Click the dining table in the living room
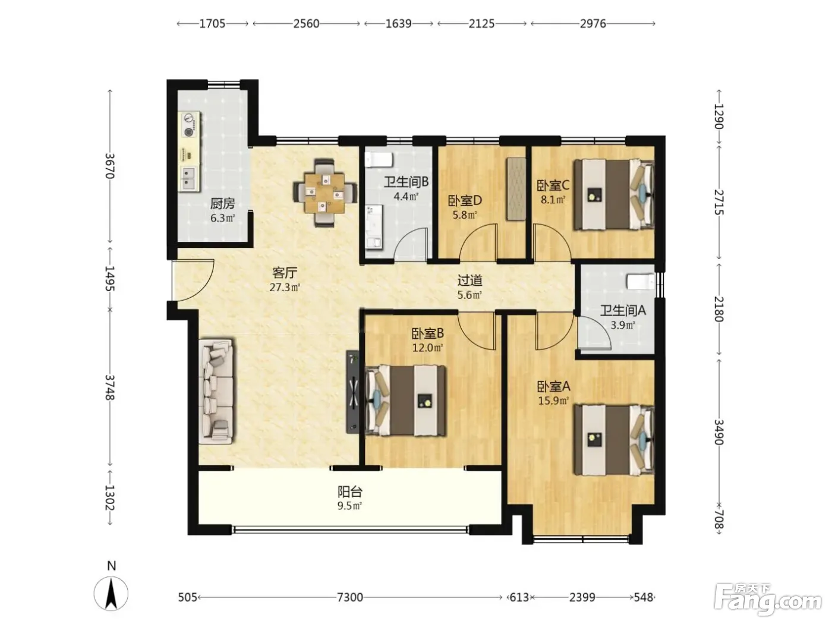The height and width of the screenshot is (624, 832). pyautogui.click(x=325, y=193)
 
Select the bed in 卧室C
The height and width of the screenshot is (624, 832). pyautogui.click(x=614, y=194)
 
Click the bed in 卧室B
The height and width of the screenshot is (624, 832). pyautogui.click(x=405, y=401)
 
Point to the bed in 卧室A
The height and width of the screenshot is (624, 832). pyautogui.click(x=614, y=440)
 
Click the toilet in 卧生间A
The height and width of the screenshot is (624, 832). pyautogui.click(x=641, y=282)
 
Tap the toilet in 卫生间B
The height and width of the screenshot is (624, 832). pyautogui.click(x=379, y=160)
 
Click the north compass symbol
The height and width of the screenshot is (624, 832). pyautogui.click(x=111, y=593)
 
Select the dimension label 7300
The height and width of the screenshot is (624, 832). pyautogui.click(x=350, y=597)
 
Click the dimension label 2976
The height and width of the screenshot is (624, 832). pyautogui.click(x=593, y=24)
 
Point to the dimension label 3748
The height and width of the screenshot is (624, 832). pyautogui.click(x=110, y=387)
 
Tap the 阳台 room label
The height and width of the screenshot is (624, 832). pyautogui.click(x=350, y=492)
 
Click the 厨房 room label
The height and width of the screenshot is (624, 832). pyautogui.click(x=222, y=204)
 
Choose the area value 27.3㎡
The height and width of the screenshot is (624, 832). pyautogui.click(x=285, y=287)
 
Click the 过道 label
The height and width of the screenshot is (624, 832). pyautogui.click(x=469, y=281)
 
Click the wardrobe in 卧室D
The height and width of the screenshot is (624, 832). pyautogui.click(x=516, y=188)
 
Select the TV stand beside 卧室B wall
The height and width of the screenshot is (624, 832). pyautogui.click(x=352, y=392)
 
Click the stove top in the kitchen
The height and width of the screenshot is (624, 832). pyautogui.click(x=188, y=125)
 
